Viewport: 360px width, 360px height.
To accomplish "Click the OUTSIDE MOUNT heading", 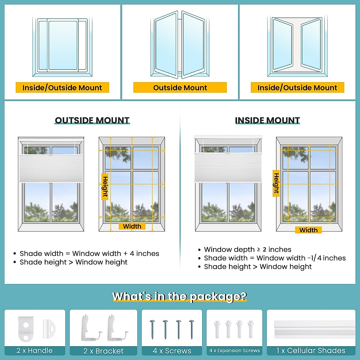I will [92, 120].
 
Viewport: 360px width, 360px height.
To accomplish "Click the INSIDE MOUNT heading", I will [267, 120].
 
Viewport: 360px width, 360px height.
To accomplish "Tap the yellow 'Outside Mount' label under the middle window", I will [180, 88].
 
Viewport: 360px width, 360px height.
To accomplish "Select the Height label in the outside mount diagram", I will [105, 187].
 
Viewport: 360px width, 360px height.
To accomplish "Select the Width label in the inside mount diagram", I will [308, 230].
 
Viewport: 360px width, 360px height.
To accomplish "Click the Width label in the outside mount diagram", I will [132, 226].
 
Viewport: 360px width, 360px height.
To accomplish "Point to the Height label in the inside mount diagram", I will [276, 183].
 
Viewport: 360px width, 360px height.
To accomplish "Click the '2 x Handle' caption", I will [34, 350].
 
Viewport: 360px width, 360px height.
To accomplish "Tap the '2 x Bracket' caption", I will [103, 351].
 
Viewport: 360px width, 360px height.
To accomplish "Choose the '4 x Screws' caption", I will [172, 351].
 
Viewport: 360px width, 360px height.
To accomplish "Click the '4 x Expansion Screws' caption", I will [235, 350].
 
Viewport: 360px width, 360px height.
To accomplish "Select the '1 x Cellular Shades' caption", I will [311, 350].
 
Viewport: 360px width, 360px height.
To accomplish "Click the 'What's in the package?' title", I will [179, 296].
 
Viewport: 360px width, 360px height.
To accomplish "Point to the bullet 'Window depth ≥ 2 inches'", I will [247, 249].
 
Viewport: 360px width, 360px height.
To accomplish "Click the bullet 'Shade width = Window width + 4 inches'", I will [89, 253].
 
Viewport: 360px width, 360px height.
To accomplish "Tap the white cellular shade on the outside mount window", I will [51, 168].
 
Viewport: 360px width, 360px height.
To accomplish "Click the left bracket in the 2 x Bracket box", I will [89, 329].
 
